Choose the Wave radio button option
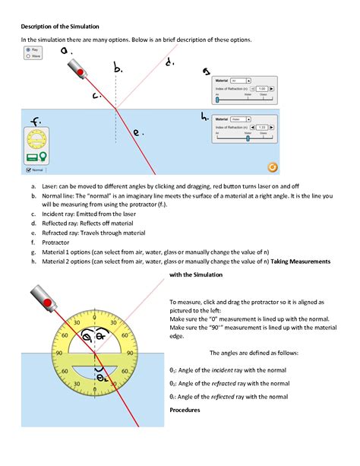29,55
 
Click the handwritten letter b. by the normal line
118,69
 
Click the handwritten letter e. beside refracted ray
137,132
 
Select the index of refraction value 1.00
261,89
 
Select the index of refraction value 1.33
261,127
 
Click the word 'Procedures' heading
185,410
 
